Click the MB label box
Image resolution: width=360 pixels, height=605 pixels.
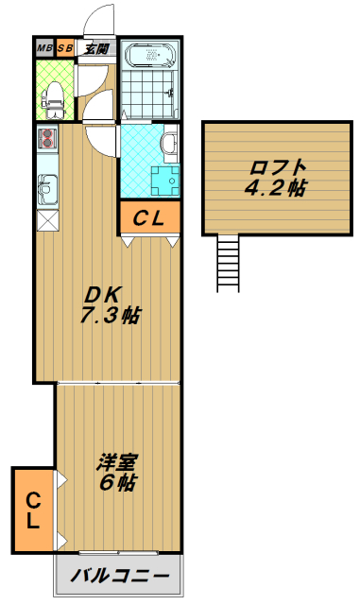point(45,48)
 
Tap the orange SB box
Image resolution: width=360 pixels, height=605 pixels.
point(65,48)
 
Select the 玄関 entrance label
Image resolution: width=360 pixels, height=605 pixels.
point(95,48)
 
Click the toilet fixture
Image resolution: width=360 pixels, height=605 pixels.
point(53,100)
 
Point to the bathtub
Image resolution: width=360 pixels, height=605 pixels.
point(150,56)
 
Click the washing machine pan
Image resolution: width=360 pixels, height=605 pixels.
point(165,181)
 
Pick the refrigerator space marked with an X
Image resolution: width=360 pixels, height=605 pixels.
point(47,220)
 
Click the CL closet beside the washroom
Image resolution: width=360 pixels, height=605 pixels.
point(149,218)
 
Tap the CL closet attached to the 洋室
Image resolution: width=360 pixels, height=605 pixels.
point(34,510)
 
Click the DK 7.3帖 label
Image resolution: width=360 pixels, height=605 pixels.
point(110,305)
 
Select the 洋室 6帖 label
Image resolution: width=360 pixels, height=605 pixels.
point(117,473)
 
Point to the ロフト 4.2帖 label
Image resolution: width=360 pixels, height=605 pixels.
point(276,178)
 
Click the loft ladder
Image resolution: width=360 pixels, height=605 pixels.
point(228,264)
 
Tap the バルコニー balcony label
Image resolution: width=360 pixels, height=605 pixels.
point(120,576)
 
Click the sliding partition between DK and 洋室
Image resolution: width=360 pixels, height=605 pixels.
point(118,383)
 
